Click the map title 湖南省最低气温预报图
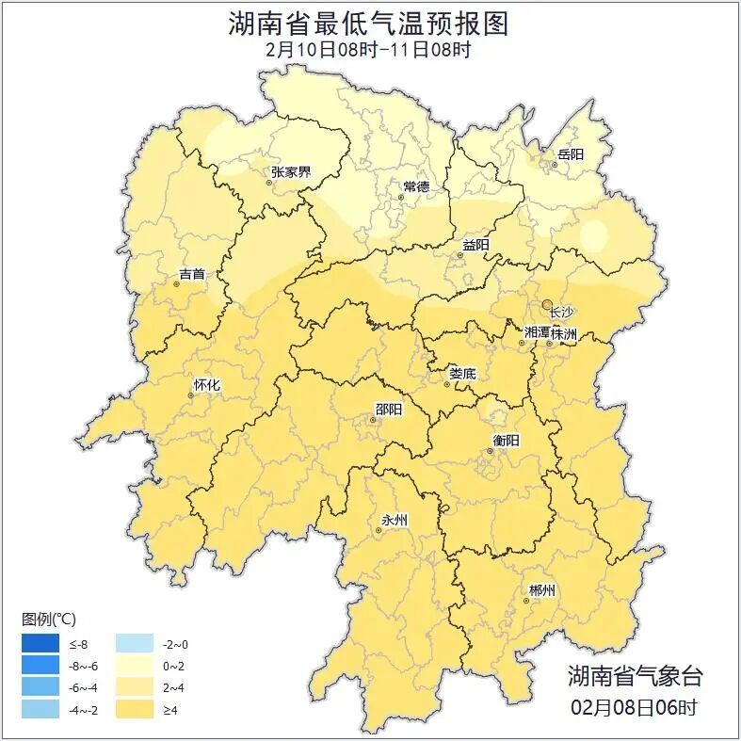(369, 24)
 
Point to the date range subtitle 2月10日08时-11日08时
(369, 50)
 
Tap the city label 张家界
(291, 172)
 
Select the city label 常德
(416, 186)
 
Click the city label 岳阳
(571, 153)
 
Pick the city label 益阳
(475, 245)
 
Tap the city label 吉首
(191, 274)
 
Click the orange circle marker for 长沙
(547, 303)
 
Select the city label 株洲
(564, 333)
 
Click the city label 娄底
(462, 373)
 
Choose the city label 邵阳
(388, 409)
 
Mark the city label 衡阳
(506, 440)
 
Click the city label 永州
(394, 520)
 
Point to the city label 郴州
(541, 590)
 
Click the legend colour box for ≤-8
(42, 645)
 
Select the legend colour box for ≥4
(135, 709)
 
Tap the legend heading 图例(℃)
(49, 620)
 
